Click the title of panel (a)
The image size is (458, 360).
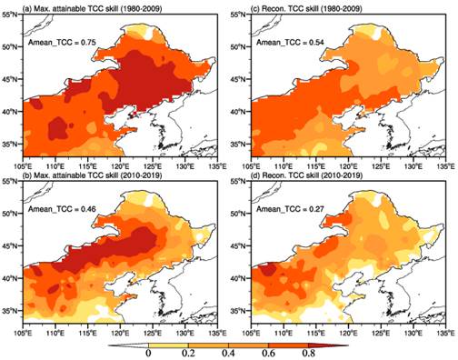(93, 9)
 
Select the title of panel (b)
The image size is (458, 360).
(93, 175)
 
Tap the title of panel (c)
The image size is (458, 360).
(306, 9)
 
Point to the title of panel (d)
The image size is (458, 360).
(307, 175)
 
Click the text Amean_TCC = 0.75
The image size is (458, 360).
(62, 43)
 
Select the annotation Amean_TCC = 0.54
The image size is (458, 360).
(291, 43)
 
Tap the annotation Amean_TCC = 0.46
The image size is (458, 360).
(62, 209)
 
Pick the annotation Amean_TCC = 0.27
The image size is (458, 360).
(291, 209)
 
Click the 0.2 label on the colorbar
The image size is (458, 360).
(188, 354)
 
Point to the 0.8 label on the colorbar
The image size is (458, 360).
(308, 354)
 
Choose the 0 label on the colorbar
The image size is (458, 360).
(148, 354)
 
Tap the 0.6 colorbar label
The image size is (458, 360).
(268, 354)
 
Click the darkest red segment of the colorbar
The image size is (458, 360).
(325, 345)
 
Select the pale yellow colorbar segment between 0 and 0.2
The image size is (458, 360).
(168, 345)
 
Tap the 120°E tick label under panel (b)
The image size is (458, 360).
(120, 333)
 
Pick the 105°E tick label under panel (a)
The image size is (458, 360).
(24, 166)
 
